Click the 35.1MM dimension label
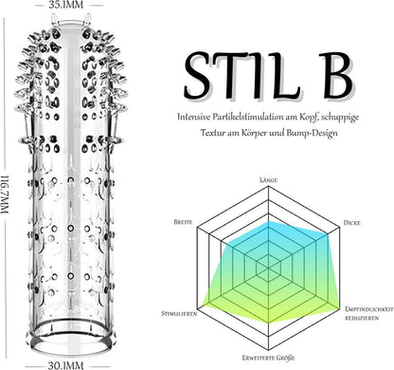pos(66,5)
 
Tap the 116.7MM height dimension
pos(6,194)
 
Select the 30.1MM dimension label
pos(65,365)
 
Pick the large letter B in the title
pos(336,75)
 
